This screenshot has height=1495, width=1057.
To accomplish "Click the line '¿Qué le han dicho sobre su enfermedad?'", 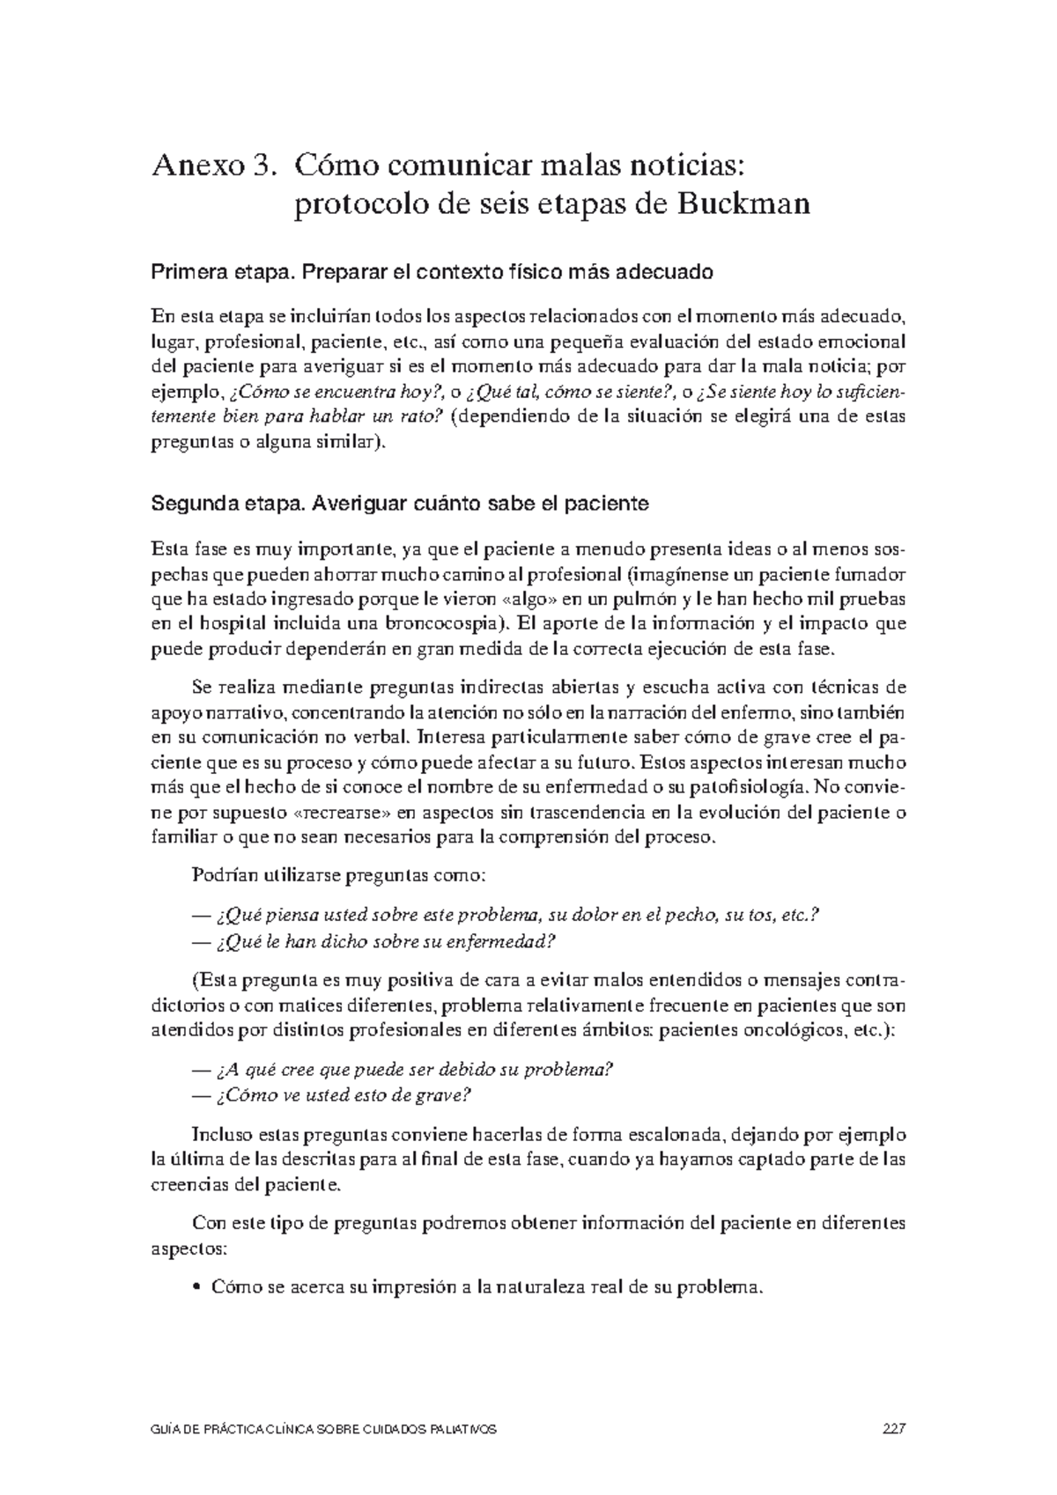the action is pyautogui.click(x=385, y=942).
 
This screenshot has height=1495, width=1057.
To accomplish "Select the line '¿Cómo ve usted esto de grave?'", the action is pyautogui.click(x=344, y=1095).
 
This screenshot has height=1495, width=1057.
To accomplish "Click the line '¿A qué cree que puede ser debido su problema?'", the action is pyautogui.click(x=413, y=1070).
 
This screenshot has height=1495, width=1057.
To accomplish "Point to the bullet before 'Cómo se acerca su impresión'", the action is pyautogui.click(x=196, y=1288).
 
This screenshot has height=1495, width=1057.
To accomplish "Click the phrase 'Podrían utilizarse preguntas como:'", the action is pyautogui.click(x=337, y=876).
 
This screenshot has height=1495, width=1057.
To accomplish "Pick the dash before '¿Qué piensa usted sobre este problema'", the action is pyautogui.click(x=199, y=917).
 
